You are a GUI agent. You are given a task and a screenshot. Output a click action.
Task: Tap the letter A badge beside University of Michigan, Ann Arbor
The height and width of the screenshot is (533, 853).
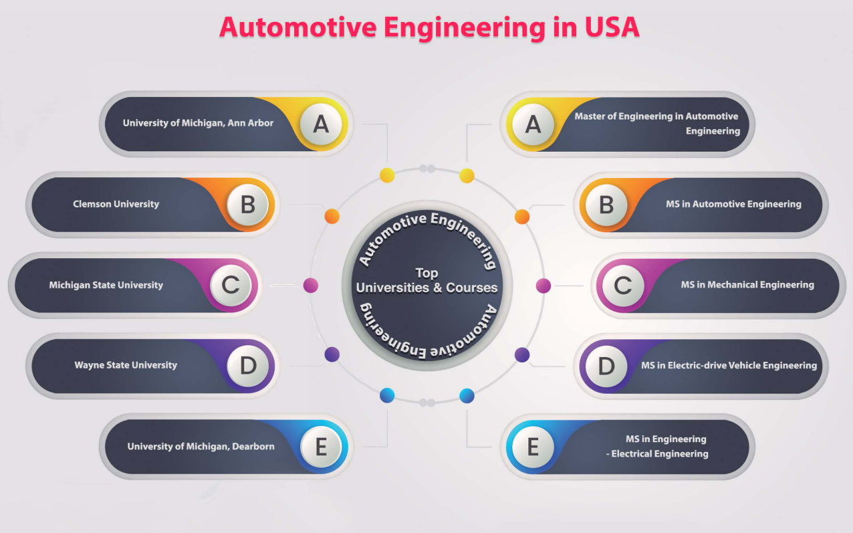(x=321, y=124)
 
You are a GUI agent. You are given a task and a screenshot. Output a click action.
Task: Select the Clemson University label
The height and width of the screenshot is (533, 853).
(x=116, y=204)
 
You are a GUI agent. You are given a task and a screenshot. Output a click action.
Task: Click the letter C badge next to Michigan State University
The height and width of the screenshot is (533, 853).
(x=231, y=285)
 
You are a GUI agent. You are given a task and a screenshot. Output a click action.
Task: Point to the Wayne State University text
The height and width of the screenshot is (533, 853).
(x=126, y=365)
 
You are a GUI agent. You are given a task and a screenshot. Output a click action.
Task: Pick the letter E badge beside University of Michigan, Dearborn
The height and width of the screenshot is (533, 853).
(x=321, y=447)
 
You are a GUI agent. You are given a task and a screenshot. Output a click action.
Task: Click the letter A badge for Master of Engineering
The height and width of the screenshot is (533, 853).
(x=533, y=124)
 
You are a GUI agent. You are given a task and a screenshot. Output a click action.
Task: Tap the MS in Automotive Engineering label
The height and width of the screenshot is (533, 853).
(x=733, y=204)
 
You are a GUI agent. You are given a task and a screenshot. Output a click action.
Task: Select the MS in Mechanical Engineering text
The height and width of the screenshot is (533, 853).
(x=747, y=285)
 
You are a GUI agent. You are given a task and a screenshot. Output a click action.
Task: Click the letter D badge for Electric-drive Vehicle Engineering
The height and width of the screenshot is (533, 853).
(x=606, y=366)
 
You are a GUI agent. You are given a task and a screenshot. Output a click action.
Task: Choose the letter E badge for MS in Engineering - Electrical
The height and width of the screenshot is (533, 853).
(x=533, y=447)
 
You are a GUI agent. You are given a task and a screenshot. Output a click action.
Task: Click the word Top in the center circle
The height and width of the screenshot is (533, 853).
(x=426, y=273)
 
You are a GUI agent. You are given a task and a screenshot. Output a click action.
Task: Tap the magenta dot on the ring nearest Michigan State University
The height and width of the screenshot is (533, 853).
(x=311, y=286)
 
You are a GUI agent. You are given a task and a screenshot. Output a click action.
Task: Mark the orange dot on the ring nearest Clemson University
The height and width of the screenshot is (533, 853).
(x=332, y=216)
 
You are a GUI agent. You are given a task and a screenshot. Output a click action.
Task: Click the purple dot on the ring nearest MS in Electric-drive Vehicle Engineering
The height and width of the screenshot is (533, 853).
(x=521, y=354)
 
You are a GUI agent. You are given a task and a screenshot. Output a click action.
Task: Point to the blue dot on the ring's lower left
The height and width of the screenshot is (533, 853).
(x=387, y=395)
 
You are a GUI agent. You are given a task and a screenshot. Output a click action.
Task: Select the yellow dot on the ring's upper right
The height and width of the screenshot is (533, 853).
(x=467, y=176)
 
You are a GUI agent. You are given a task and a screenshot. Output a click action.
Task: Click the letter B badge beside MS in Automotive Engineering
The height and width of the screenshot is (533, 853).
(x=606, y=205)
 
